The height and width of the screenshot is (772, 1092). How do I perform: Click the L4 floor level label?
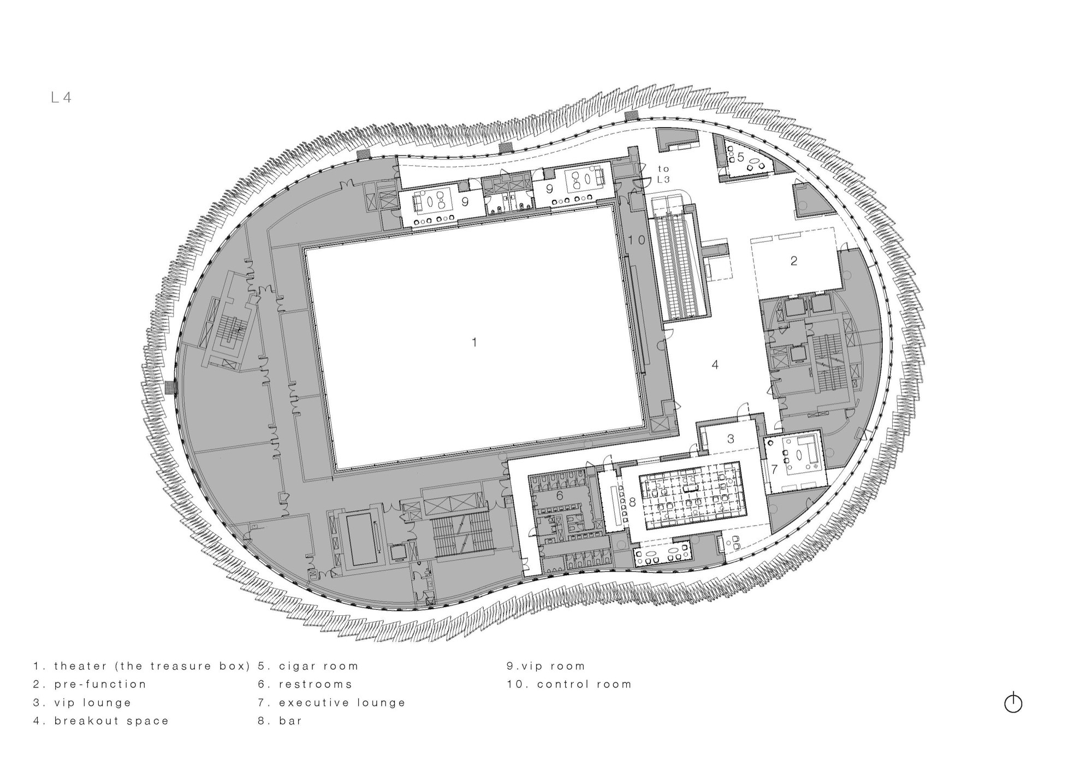[x=62, y=98]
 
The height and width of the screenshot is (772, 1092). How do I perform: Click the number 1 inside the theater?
[x=474, y=342]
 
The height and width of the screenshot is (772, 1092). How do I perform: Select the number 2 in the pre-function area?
[x=794, y=261]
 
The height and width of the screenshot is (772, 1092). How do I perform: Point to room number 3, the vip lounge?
[x=731, y=438]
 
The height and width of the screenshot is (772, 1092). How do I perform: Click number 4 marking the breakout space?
[x=715, y=365]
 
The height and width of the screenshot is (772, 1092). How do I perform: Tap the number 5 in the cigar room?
[x=740, y=157]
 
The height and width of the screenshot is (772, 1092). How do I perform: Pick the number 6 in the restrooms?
[x=560, y=496]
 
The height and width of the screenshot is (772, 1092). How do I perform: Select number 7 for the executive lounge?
[x=774, y=469]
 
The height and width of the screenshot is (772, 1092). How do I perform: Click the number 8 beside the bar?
[x=632, y=502]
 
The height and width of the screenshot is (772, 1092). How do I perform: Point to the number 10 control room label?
[x=636, y=240]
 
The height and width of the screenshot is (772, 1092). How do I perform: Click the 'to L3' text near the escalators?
[x=663, y=174]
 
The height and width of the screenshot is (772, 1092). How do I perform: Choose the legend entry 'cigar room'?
[x=318, y=666]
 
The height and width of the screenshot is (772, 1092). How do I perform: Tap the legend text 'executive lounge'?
[x=342, y=703]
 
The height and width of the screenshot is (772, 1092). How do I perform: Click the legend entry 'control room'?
[x=584, y=684]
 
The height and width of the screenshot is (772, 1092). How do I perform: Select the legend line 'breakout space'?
[x=111, y=721]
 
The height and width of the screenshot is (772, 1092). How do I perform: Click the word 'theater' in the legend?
[x=81, y=666]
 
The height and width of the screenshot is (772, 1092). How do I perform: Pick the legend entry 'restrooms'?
[x=316, y=684]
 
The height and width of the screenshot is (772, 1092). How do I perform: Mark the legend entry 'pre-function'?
[x=100, y=684]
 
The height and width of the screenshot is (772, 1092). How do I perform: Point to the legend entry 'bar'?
[x=290, y=721]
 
